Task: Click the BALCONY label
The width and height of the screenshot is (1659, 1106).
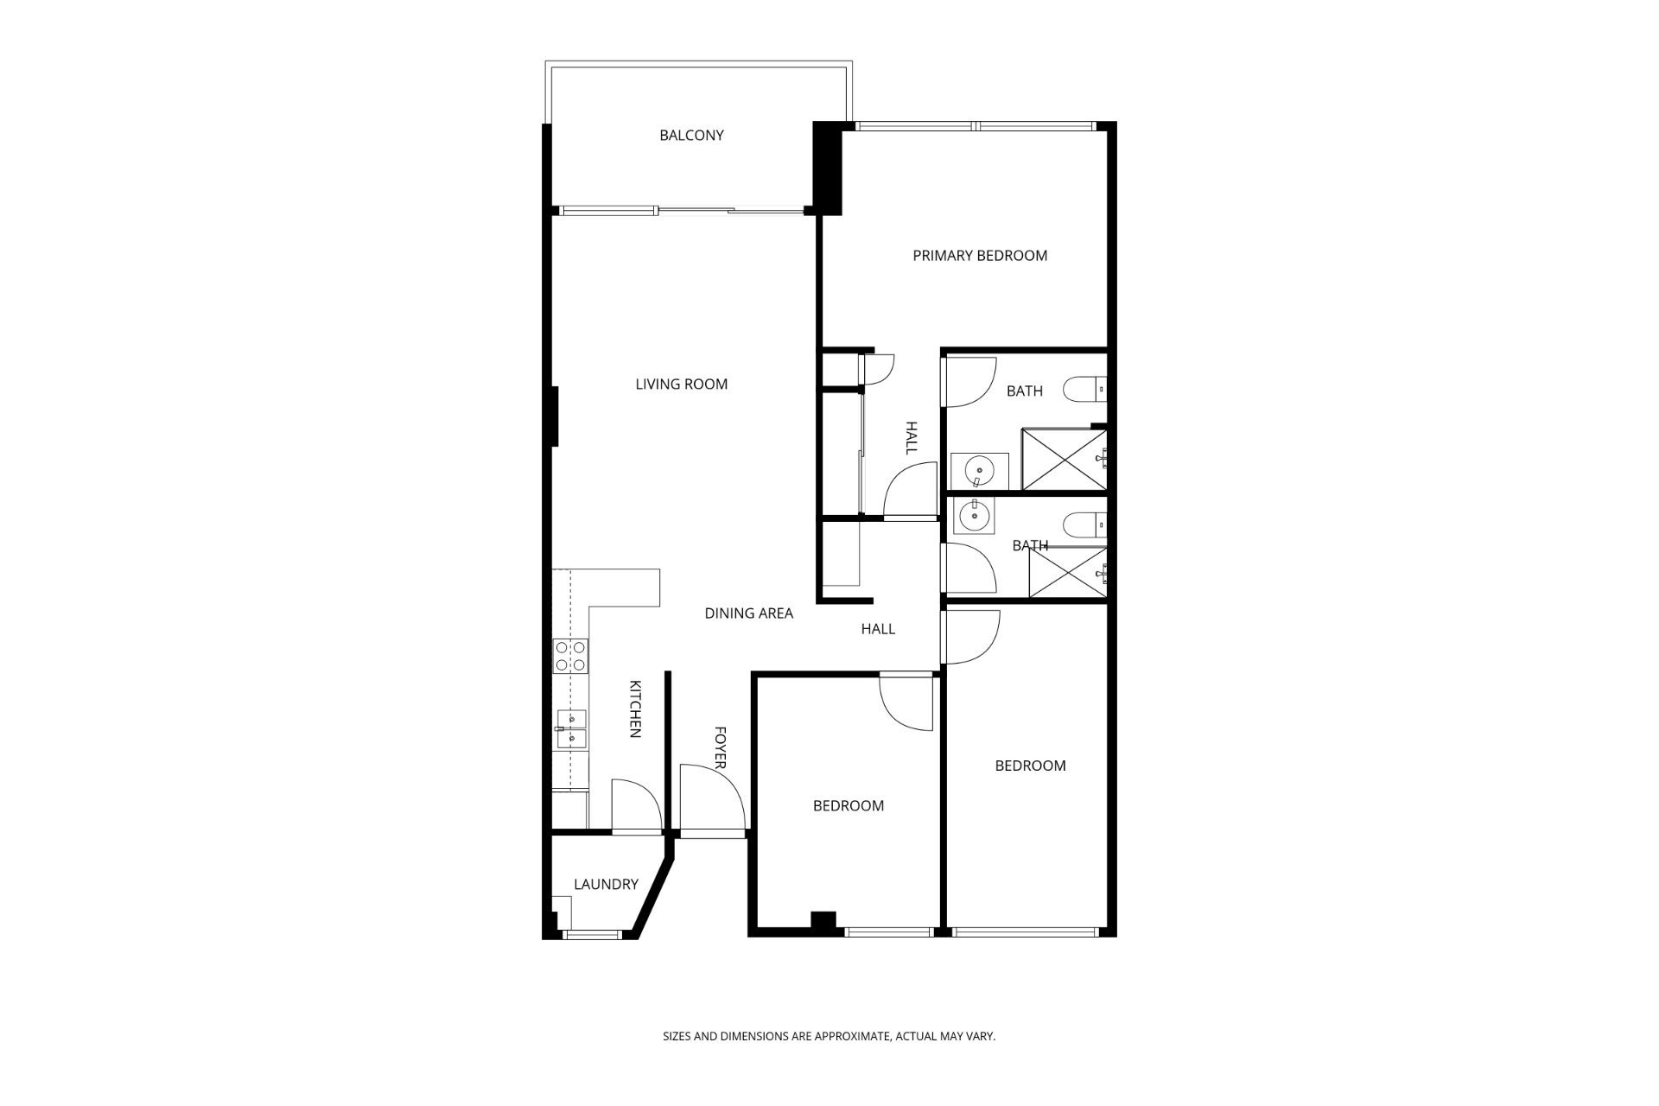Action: (x=691, y=135)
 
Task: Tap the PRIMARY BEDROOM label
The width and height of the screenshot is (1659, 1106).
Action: (x=980, y=255)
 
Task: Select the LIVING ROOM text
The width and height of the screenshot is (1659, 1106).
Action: (x=682, y=384)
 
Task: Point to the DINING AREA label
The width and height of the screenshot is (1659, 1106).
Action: (x=749, y=613)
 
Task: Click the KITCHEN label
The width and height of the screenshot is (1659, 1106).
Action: (x=634, y=709)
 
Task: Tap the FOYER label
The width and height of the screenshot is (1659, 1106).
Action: (x=720, y=747)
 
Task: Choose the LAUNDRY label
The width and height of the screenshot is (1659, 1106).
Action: (x=606, y=884)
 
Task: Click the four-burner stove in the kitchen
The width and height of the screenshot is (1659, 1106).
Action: (x=570, y=656)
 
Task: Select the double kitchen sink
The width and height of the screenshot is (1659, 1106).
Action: (x=570, y=729)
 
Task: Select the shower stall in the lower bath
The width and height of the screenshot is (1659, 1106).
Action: (x=1068, y=572)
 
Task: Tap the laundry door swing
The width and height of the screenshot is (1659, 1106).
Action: (x=636, y=805)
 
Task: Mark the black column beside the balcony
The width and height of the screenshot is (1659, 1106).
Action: (x=828, y=168)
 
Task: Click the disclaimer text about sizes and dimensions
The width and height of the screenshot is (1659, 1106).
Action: (x=829, y=1035)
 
